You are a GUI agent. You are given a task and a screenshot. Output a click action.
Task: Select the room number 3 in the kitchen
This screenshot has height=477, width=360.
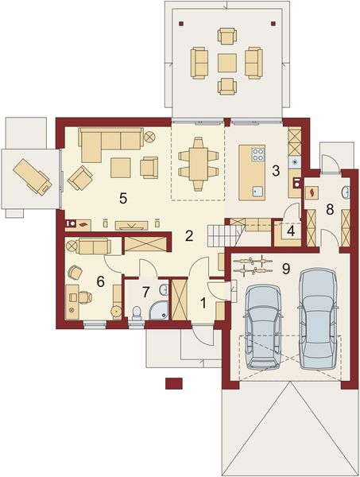click(276, 169)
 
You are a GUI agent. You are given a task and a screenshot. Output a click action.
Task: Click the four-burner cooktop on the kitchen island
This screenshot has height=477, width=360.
click(257, 153)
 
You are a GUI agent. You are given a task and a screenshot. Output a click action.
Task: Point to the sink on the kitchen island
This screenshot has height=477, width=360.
click(256, 189)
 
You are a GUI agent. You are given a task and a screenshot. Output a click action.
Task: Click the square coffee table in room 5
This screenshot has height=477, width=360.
click(121, 168)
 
